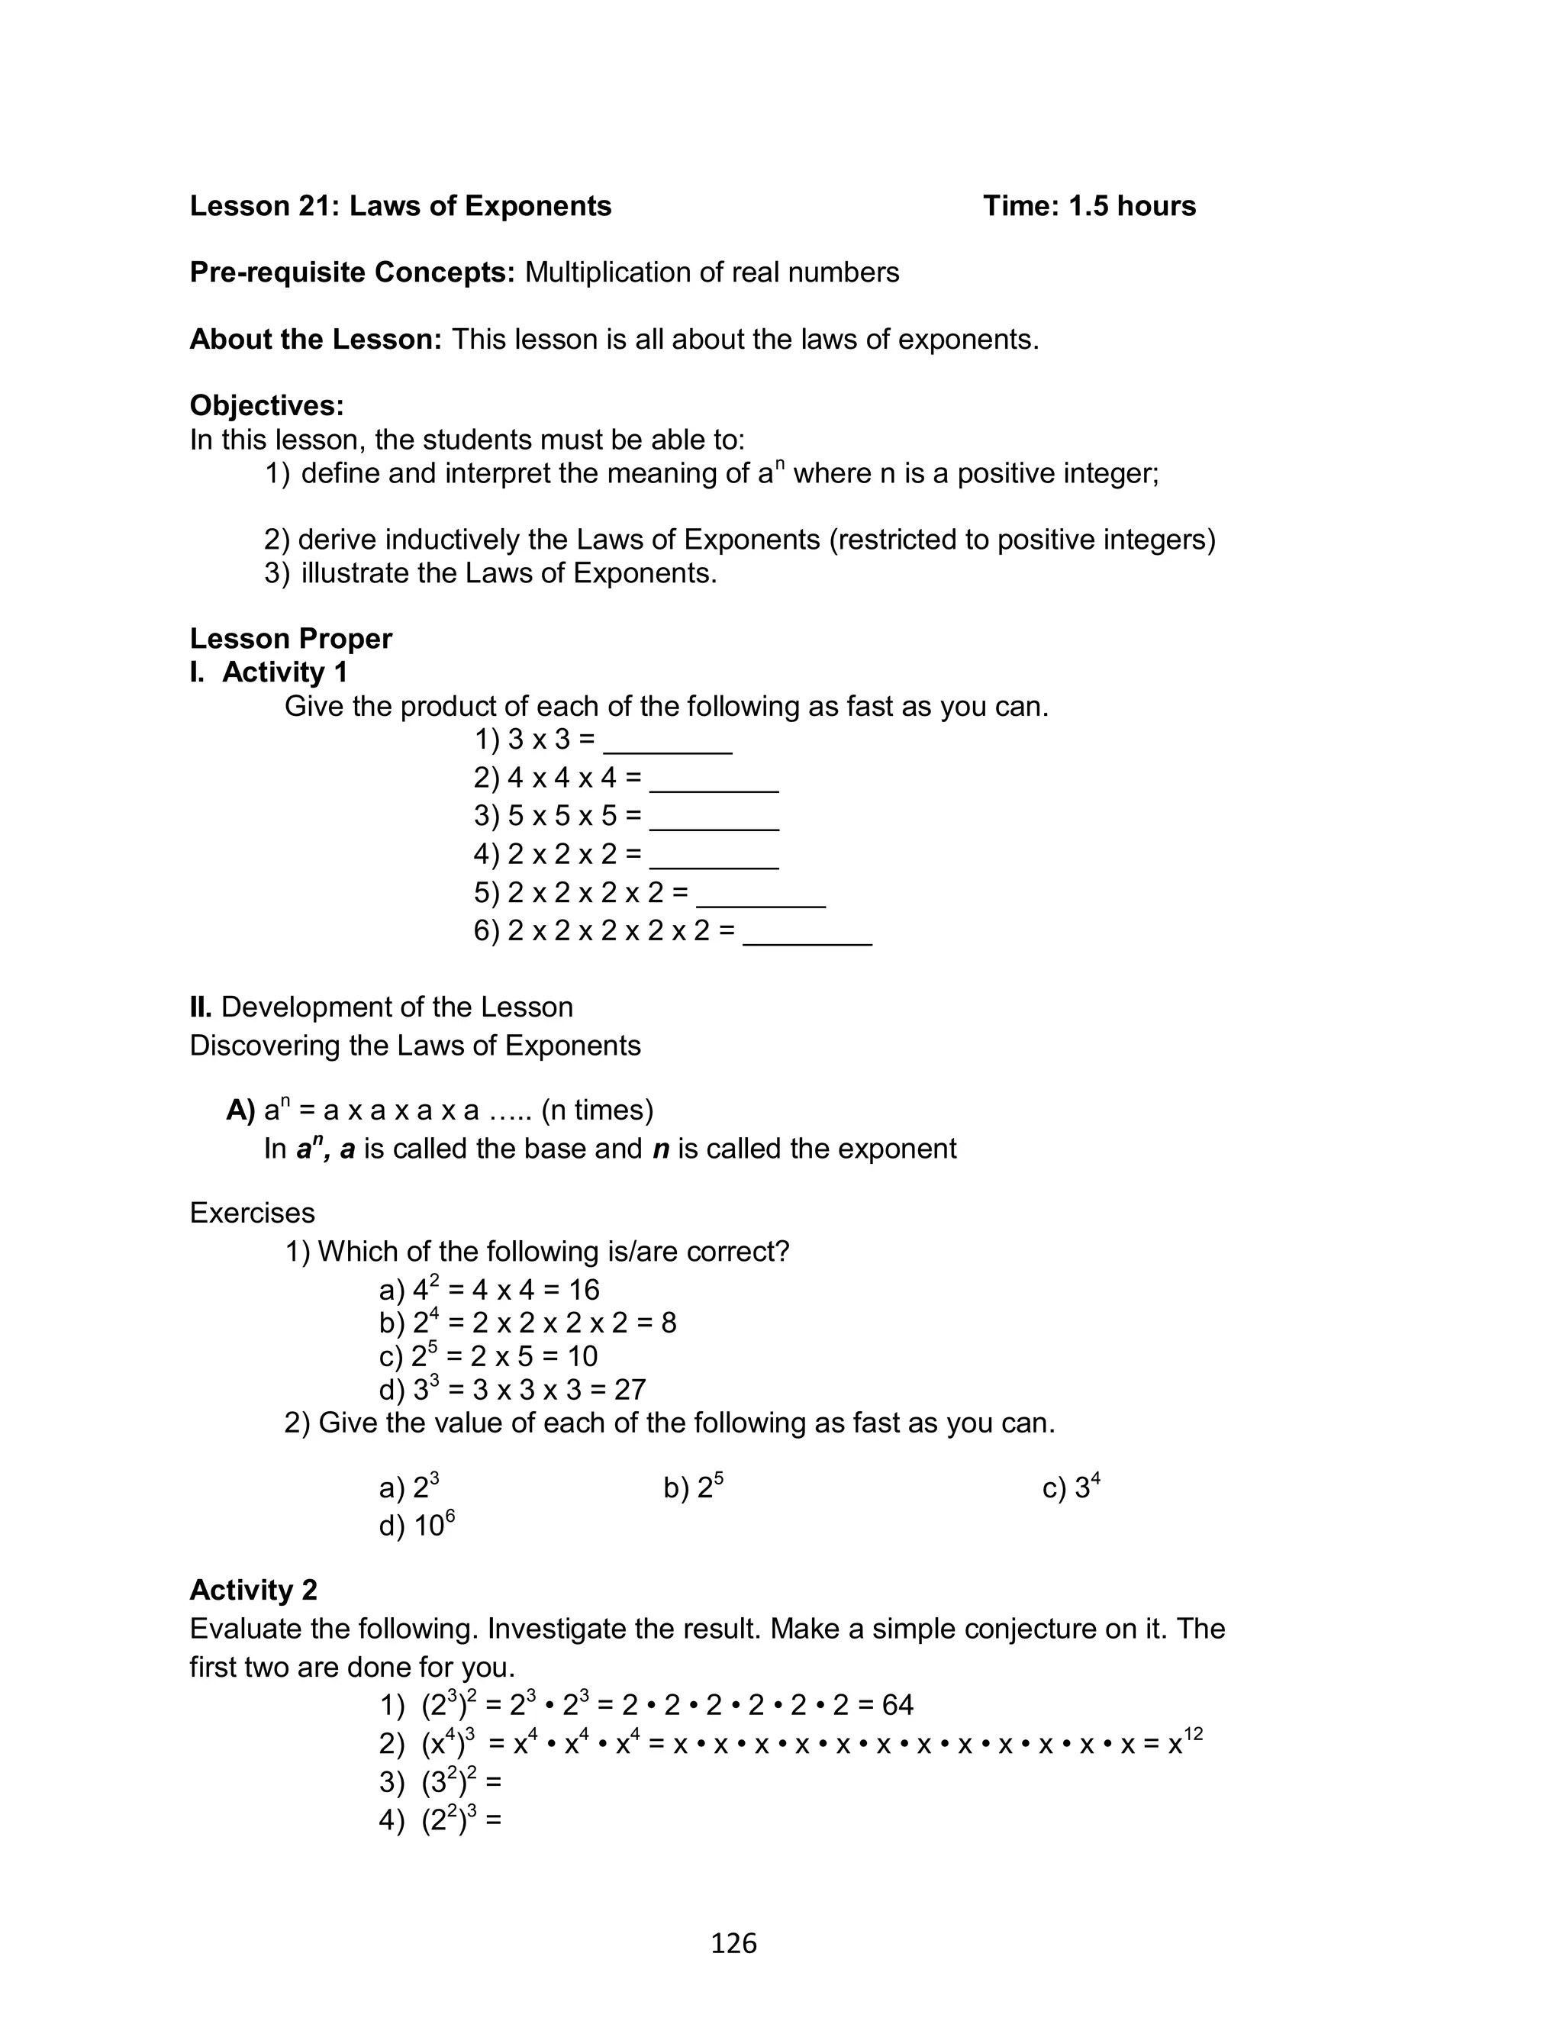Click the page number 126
tap(733, 1943)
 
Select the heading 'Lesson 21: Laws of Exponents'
tap(400, 205)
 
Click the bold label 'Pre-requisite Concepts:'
tap(352, 272)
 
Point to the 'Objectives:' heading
tap(267, 405)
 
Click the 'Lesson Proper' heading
tap(290, 639)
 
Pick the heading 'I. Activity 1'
tap(269, 672)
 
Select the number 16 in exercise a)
tap(583, 1290)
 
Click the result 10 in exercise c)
tap(582, 1356)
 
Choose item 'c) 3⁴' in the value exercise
tap(1071, 1487)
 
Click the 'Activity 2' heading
tap(253, 1590)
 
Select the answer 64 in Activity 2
tap(897, 1705)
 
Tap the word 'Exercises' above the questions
tap(252, 1213)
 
